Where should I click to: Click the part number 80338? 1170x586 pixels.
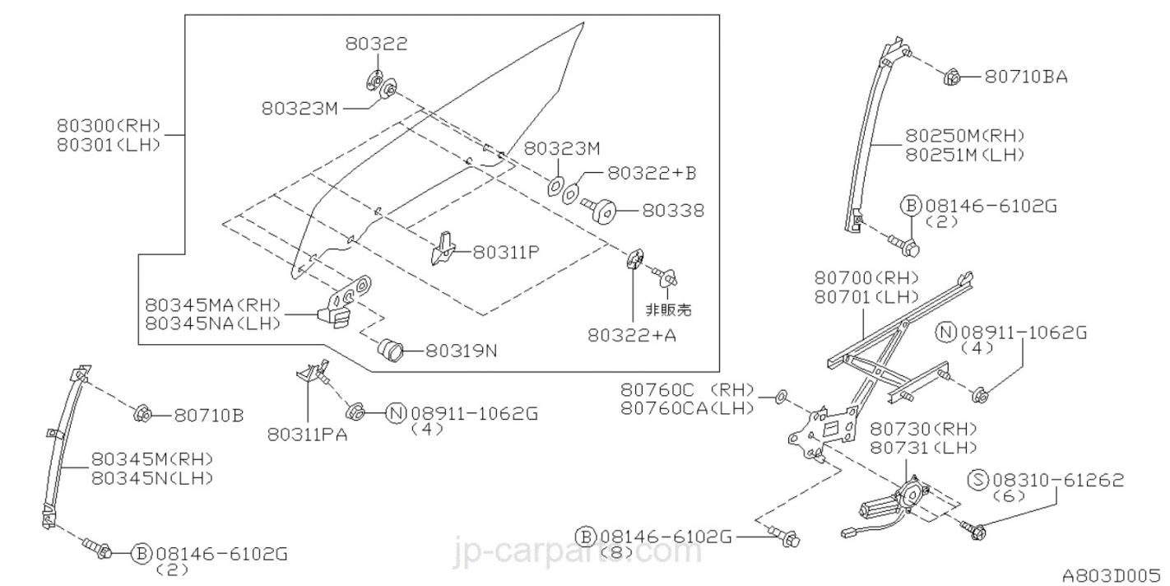point(672,210)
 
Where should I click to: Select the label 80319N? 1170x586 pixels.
point(461,351)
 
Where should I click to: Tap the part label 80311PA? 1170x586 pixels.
point(307,435)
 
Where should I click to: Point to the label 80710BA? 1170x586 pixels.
point(1026,77)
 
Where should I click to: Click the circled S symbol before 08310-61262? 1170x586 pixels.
point(978,480)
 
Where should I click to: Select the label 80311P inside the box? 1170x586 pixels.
point(505,252)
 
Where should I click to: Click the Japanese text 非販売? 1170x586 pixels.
point(667,309)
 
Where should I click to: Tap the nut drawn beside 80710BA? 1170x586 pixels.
point(953,77)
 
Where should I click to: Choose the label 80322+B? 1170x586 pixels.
point(652,173)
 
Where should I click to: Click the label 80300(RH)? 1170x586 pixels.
point(108,127)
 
